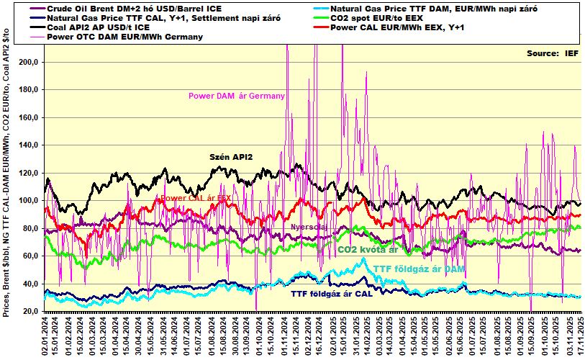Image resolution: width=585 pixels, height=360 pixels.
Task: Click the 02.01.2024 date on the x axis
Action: (x=45, y=336)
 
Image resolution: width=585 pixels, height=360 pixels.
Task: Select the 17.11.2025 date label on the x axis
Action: (x=579, y=336)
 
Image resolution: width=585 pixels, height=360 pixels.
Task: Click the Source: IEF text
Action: (x=552, y=53)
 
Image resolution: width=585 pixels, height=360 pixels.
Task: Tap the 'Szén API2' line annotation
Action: (x=231, y=156)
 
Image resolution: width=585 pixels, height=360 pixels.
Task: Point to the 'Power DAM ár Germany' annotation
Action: (x=237, y=96)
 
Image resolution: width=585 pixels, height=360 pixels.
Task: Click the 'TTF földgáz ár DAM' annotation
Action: (x=419, y=269)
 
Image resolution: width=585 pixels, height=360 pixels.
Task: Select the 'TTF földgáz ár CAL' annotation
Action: (x=333, y=294)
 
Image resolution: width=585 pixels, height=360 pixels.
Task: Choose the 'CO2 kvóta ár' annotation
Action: (x=368, y=250)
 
